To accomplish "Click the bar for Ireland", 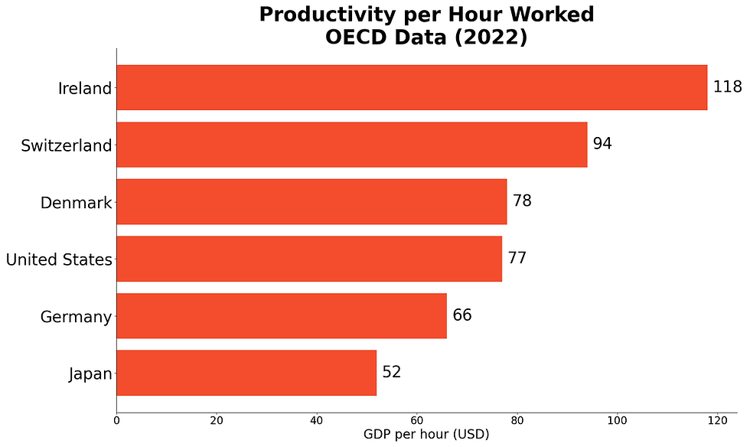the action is [412, 87].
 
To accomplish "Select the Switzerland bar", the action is [352, 145].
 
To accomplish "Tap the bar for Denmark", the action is [312, 201].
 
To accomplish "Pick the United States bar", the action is [309, 259].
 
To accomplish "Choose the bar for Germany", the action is [282, 316].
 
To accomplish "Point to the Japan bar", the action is [246, 373].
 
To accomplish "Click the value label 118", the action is [728, 86].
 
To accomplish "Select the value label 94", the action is [602, 144].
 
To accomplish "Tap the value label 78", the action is [522, 201].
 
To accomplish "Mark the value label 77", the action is [517, 257].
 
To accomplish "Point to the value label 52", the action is [392, 372].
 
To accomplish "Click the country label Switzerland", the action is [67, 145].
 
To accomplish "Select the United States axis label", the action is [59, 259].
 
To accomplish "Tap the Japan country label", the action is [90, 374].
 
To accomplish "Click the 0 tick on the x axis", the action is [116, 421].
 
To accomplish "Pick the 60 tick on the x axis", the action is [417, 421].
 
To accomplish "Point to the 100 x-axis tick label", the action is [618, 421].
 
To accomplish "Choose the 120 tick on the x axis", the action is [718, 421].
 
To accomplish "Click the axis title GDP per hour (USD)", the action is [427, 435].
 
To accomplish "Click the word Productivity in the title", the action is [328, 15].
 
